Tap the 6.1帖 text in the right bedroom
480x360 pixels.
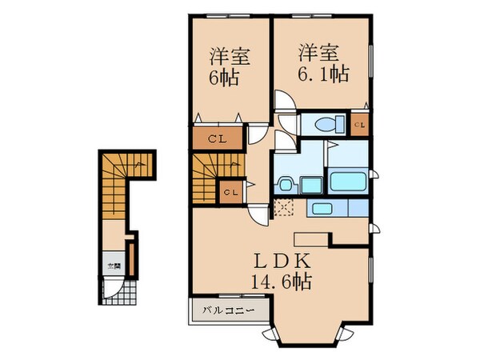(324, 74)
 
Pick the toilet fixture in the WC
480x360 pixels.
(326, 124)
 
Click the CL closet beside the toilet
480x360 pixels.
(360, 124)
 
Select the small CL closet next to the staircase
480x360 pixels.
(230, 192)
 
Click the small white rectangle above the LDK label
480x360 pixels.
(311, 238)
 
